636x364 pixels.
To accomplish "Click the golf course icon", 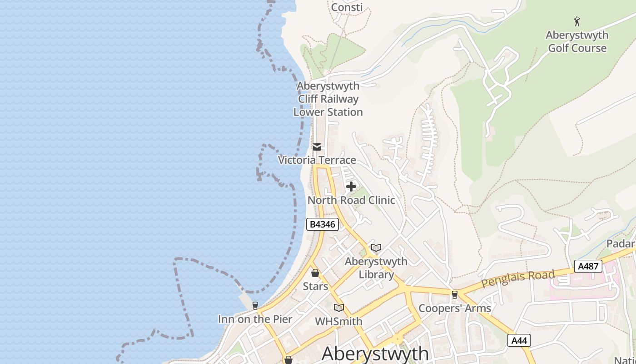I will click(x=577, y=21).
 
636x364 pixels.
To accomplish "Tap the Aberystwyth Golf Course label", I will click(x=577, y=41).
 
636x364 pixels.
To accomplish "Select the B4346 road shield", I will click(x=322, y=224).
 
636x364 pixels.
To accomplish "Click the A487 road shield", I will click(x=588, y=266).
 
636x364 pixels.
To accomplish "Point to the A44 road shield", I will click(x=519, y=340).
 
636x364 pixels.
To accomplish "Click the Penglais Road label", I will click(x=518, y=278).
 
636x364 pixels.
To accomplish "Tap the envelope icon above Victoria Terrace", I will click(x=317, y=147).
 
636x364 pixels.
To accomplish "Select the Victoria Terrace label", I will click(x=317, y=160).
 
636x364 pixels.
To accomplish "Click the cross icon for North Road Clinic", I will click(x=351, y=186).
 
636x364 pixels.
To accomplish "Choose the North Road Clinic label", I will click(x=351, y=200).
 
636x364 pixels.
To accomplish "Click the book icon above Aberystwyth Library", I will click(x=376, y=248).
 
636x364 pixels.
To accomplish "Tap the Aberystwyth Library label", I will click(x=376, y=268).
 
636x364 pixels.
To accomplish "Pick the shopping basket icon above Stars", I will click(x=315, y=273).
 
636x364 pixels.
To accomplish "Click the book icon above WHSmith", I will click(x=339, y=308).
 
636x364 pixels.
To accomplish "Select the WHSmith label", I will click(x=339, y=322).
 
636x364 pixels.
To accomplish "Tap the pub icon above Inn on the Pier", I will click(x=255, y=305).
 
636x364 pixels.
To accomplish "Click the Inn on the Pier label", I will click(x=255, y=319).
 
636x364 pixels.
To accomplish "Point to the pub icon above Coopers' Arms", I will click(x=454, y=295).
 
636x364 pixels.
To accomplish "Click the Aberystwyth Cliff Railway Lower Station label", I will click(x=328, y=99).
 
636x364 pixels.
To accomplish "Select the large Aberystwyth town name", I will click(x=375, y=354).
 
